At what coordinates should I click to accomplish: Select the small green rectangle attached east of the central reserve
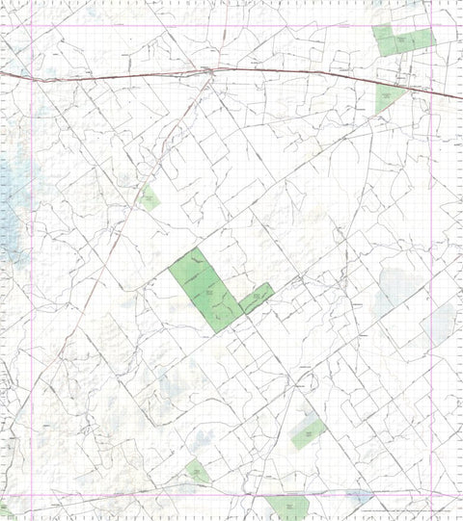pyautogui.click(x=256, y=298)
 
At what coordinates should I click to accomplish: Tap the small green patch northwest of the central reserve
pyautogui.click(x=149, y=199)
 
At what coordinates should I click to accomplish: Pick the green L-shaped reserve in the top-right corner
pyautogui.click(x=399, y=40)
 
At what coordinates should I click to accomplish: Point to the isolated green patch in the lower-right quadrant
pyautogui.click(x=307, y=433)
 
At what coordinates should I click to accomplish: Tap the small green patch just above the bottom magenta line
pyautogui.click(x=198, y=472)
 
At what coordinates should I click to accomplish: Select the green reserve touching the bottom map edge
pyautogui.click(x=287, y=508)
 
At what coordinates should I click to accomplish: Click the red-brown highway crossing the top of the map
pyautogui.click(x=116, y=74)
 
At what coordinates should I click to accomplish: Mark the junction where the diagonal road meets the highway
pyautogui.click(x=210, y=70)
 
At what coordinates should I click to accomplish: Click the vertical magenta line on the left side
pyautogui.click(x=32, y=289)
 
